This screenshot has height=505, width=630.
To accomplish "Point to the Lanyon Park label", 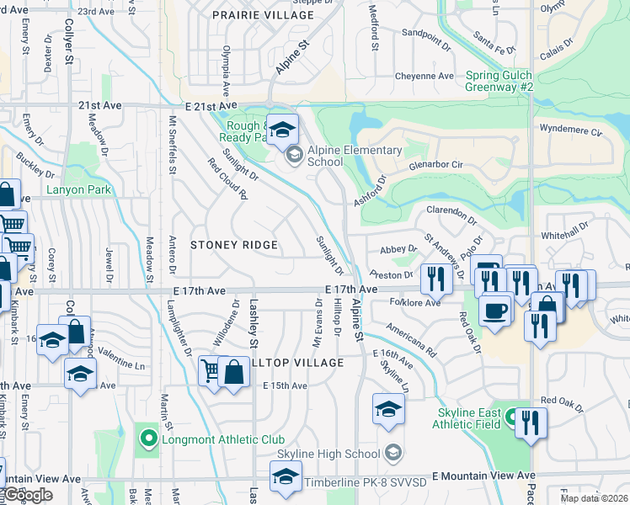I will coord(79,190).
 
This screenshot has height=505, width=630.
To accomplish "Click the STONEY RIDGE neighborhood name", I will coord(234,245).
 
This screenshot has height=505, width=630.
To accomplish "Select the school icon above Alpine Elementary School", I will coord(284,129).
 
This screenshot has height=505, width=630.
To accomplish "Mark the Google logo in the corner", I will coord(28,496).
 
